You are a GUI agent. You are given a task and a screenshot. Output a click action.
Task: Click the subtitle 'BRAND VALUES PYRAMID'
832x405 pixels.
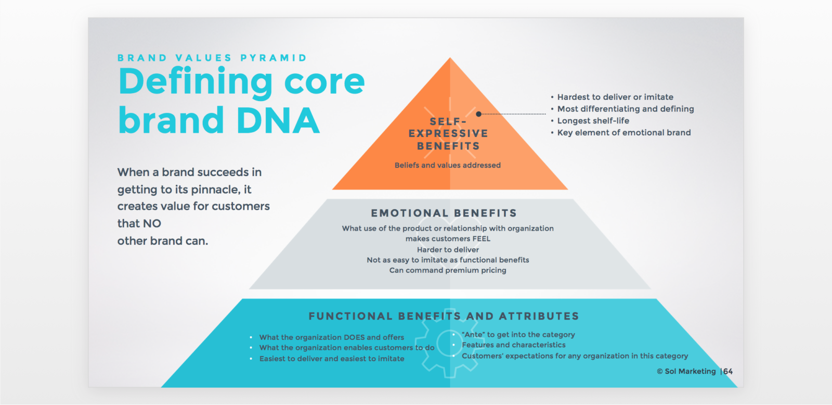[x=212, y=58]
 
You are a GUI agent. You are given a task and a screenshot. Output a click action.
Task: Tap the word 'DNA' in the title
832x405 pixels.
[x=278, y=121]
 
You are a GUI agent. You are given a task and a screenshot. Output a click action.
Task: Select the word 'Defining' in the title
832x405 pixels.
[x=195, y=82]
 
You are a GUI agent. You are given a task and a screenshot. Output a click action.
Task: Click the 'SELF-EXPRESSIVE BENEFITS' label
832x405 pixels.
[x=448, y=134]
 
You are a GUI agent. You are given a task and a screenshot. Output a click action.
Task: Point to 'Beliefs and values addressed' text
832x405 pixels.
[x=448, y=165]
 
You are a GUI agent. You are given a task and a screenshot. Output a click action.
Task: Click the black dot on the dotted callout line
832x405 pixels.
[x=478, y=113]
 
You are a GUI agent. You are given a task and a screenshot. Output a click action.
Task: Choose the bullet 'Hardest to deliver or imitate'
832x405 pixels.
[x=615, y=97]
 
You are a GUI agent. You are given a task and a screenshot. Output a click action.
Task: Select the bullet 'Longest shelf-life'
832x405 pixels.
[x=593, y=121]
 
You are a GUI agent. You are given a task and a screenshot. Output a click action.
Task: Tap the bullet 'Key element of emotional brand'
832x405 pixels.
[x=624, y=133]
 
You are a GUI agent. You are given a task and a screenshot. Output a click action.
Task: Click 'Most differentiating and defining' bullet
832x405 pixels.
[x=626, y=109]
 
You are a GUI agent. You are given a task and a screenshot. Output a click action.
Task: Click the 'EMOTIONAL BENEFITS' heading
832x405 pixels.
[x=444, y=213]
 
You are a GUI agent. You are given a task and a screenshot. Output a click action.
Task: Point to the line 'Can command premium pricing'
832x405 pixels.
[x=448, y=270]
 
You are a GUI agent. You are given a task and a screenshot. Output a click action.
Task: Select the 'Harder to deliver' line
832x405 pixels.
[x=448, y=249]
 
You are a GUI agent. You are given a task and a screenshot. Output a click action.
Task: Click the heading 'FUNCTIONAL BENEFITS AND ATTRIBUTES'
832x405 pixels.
[x=444, y=316]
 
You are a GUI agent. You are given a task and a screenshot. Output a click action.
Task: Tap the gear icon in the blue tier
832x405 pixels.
[x=448, y=345]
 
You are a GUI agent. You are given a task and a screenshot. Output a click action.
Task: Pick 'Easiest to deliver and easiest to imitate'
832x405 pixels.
[x=332, y=359]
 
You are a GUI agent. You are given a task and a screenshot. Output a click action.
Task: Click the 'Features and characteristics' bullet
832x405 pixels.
[x=513, y=345]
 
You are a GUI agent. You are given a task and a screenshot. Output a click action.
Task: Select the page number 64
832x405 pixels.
[x=728, y=371]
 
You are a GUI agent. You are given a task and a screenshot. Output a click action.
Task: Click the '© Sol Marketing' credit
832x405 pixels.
[x=686, y=371]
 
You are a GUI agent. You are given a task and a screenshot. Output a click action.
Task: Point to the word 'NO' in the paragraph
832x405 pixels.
[x=152, y=223]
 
